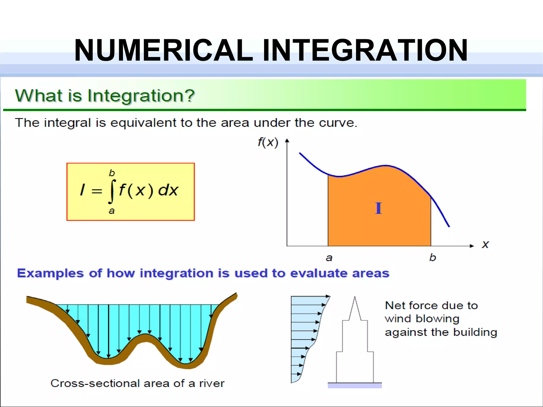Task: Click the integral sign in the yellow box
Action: (x=112, y=191)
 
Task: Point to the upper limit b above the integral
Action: (x=112, y=173)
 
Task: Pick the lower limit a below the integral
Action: (x=112, y=211)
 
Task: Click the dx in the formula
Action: (x=168, y=190)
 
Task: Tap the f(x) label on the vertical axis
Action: (x=268, y=142)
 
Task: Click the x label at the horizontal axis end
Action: (x=485, y=244)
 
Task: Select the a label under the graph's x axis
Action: (x=329, y=258)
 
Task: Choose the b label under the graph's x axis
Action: (x=432, y=257)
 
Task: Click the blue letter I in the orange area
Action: (x=378, y=208)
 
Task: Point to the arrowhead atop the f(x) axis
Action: (x=287, y=141)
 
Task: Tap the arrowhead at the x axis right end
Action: (x=472, y=246)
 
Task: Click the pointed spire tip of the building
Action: (x=355, y=297)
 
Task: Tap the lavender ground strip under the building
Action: (x=355, y=386)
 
